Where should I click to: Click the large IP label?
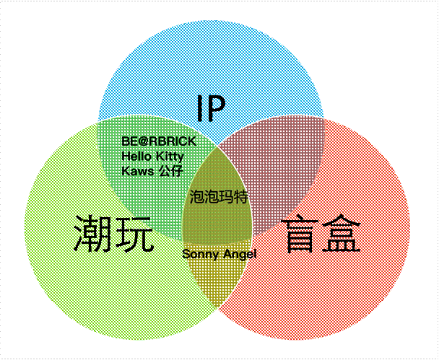212,108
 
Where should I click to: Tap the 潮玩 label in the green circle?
113,234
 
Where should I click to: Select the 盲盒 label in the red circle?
321,233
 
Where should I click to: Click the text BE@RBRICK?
159,141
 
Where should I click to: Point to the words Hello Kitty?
152,156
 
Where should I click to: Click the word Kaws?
137,171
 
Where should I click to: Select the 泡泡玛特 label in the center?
219,197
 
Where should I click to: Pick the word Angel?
240,255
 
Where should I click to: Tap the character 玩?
134,234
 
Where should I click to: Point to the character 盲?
300,233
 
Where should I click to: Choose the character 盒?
341,233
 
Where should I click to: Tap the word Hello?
136,156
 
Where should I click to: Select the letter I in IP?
200,108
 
